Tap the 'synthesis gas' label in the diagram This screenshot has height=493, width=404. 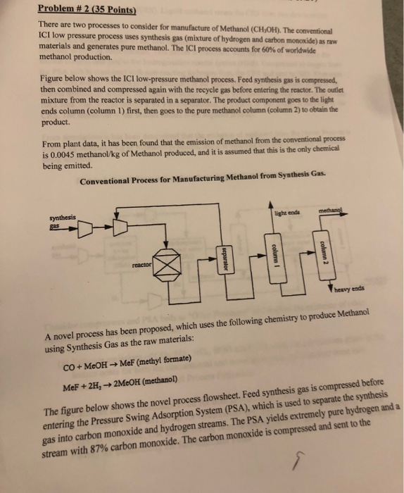click(x=61, y=222)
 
